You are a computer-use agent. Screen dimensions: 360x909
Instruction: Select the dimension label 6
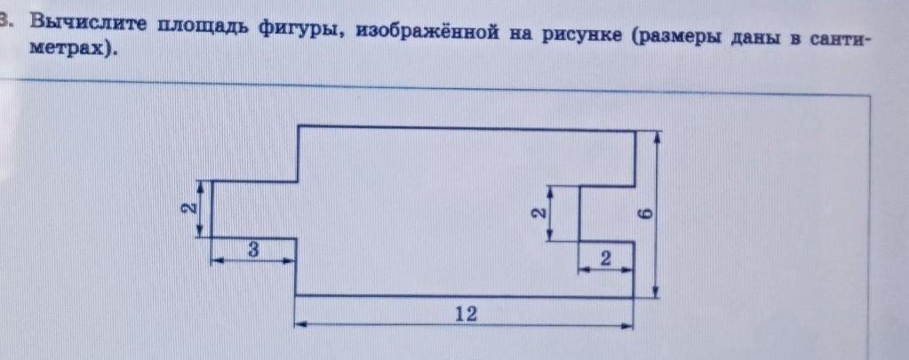tap(646, 214)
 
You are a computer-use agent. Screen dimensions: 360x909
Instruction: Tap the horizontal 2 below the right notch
tap(605, 259)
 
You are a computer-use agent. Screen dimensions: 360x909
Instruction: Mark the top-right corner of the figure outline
tap(635, 131)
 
